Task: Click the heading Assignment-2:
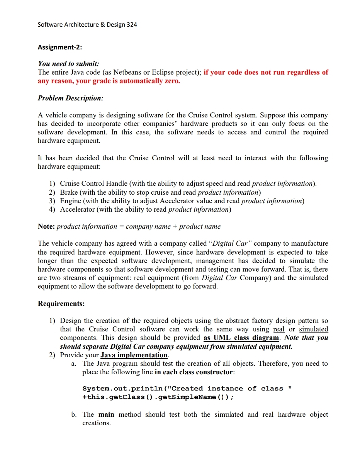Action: point(60,47)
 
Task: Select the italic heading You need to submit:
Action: point(68,64)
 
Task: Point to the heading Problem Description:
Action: point(70,98)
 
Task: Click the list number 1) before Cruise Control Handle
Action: point(52,184)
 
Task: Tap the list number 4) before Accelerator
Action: point(52,209)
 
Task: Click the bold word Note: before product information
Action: point(46,227)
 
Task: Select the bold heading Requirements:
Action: point(61,304)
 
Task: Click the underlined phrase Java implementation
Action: point(134,355)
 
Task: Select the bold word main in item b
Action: point(106,414)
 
